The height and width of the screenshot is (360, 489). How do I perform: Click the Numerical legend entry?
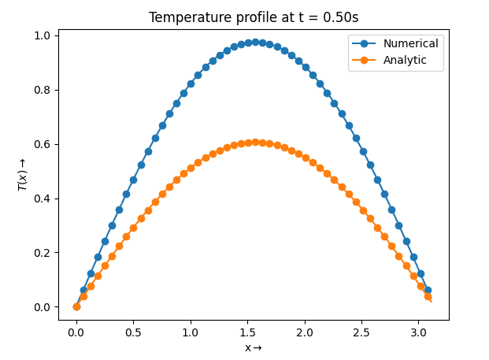point(410,43)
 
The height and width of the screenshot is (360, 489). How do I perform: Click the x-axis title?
point(253,347)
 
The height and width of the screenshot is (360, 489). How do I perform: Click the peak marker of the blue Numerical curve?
point(255,42)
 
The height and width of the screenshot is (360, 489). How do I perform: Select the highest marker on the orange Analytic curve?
point(255,143)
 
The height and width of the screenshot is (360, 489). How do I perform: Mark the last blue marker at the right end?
point(428,290)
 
